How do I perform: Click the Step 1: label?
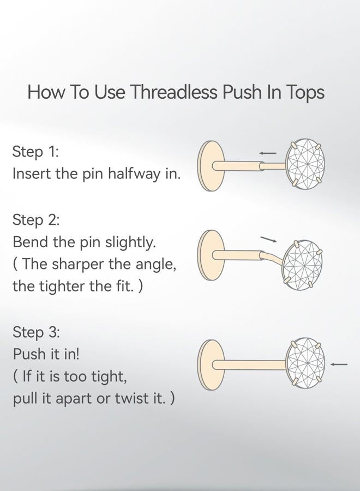coord(35,152)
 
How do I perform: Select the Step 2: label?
coord(36,220)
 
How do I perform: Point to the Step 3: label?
coord(36,332)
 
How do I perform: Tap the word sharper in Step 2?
coord(77,265)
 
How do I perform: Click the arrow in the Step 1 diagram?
coord(268,153)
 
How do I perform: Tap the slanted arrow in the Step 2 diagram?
coord(268,239)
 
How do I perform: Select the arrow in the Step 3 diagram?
coord(339,364)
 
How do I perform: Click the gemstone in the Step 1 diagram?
coord(307,164)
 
